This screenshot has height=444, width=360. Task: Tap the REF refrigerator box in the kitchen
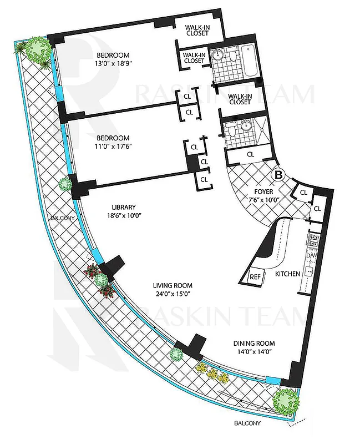pos(256,276)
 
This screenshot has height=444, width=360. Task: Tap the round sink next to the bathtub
pos(218,55)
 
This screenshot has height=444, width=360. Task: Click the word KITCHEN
pos(287,274)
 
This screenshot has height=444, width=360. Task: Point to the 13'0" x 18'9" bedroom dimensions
pos(113,63)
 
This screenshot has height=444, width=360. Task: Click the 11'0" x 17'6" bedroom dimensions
pos(113,147)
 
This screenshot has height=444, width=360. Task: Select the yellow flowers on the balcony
pos(212,373)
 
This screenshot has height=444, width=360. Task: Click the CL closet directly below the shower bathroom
pos(250,154)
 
